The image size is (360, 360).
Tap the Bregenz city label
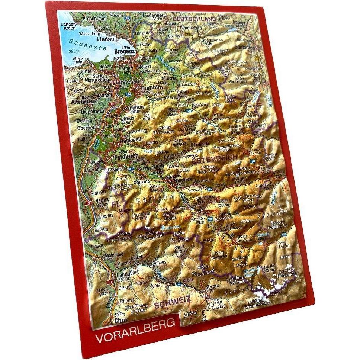[x=124, y=52]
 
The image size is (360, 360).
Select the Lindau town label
[x=104, y=39]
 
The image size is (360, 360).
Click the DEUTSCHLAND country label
[x=194, y=19]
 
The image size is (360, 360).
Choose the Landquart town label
[x=127, y=273]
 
